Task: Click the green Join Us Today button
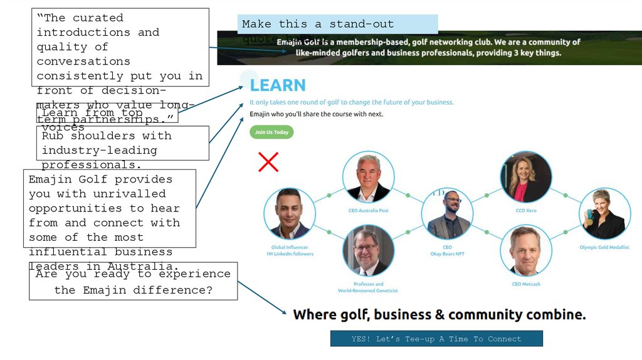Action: coord(271,132)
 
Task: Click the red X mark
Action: coord(268,162)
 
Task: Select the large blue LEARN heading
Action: coord(278,85)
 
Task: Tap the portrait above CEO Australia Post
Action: coord(369,177)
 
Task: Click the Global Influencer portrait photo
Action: coord(289,214)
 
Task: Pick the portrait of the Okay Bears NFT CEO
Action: coord(447,214)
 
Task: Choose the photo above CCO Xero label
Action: coord(526,177)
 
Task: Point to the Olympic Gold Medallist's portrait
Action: coord(604,214)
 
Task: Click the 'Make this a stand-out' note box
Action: coord(337,24)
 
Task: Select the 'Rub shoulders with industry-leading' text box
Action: coord(122,143)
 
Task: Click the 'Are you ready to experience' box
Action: coord(133,282)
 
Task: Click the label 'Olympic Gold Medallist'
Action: coord(604,247)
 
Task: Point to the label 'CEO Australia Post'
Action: coord(369,211)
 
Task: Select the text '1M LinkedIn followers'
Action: coord(289,254)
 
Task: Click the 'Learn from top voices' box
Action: coord(107,114)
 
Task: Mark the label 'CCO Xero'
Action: coord(526,211)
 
